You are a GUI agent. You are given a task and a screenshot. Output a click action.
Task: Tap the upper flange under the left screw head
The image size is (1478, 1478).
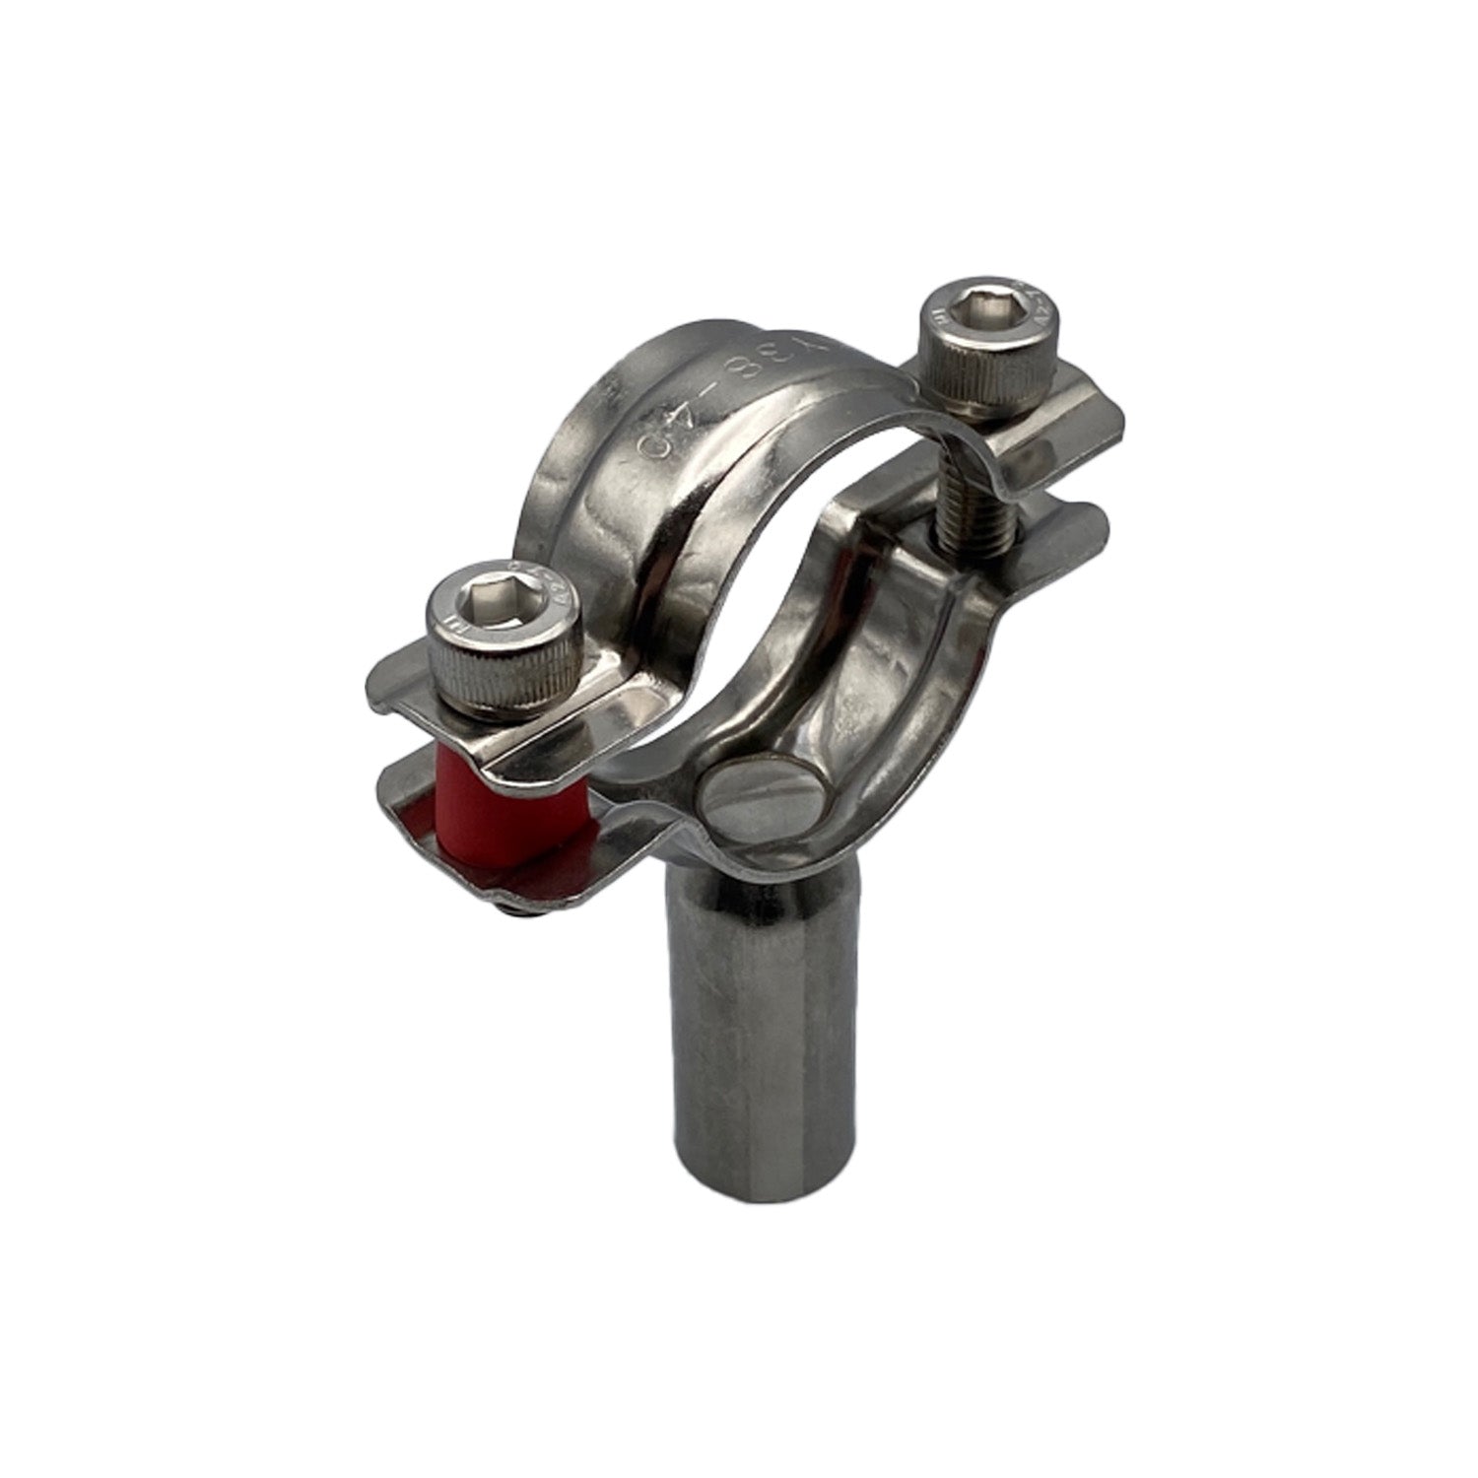(414, 690)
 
